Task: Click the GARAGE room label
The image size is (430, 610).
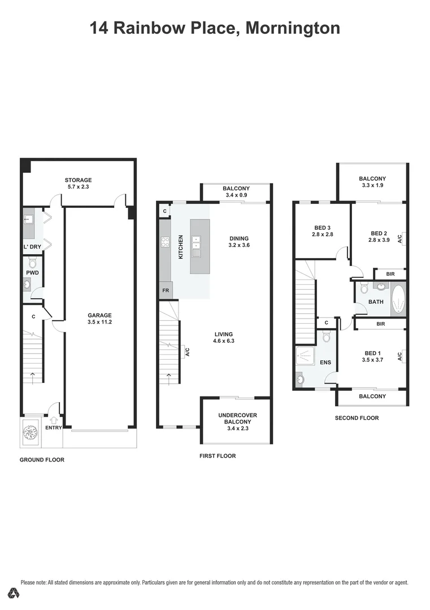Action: (99, 316)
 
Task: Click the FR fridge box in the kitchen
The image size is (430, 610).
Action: (165, 290)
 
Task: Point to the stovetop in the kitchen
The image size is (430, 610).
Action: (166, 242)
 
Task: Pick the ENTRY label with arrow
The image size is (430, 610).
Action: (54, 424)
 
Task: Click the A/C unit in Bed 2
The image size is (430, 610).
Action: (399, 238)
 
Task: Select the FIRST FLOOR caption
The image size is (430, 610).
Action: (218, 456)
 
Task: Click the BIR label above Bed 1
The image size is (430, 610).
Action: (380, 324)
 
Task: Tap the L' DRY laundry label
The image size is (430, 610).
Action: (32, 247)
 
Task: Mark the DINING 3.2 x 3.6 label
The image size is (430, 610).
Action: (238, 242)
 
